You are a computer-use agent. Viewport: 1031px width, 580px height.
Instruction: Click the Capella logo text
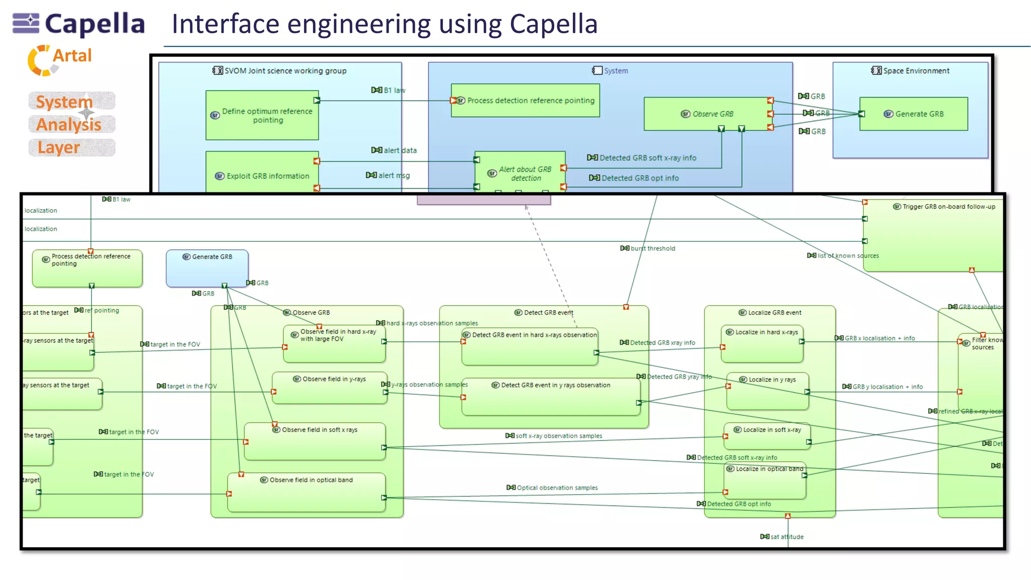(95, 24)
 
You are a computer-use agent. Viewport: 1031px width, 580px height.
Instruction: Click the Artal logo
(60, 58)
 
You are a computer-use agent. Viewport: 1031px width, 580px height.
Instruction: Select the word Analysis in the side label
(69, 124)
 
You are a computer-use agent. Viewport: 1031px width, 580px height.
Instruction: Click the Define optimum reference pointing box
(262, 115)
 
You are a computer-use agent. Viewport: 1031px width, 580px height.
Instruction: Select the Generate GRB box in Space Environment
(914, 114)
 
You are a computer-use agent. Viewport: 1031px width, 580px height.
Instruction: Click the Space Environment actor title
(916, 70)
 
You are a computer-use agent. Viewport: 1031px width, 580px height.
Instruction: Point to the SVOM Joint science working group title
(285, 70)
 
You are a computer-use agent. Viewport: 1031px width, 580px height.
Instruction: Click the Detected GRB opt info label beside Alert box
(639, 178)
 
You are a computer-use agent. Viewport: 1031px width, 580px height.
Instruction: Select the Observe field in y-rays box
(330, 388)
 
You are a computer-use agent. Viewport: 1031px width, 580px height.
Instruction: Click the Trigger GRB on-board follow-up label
(948, 206)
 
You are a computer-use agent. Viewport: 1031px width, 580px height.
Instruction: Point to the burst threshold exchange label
(652, 248)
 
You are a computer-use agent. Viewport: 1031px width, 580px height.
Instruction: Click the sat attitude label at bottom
(786, 537)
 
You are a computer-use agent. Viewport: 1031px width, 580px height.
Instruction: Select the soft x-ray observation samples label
(558, 436)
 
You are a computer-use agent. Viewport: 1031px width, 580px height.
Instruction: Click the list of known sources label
(848, 255)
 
